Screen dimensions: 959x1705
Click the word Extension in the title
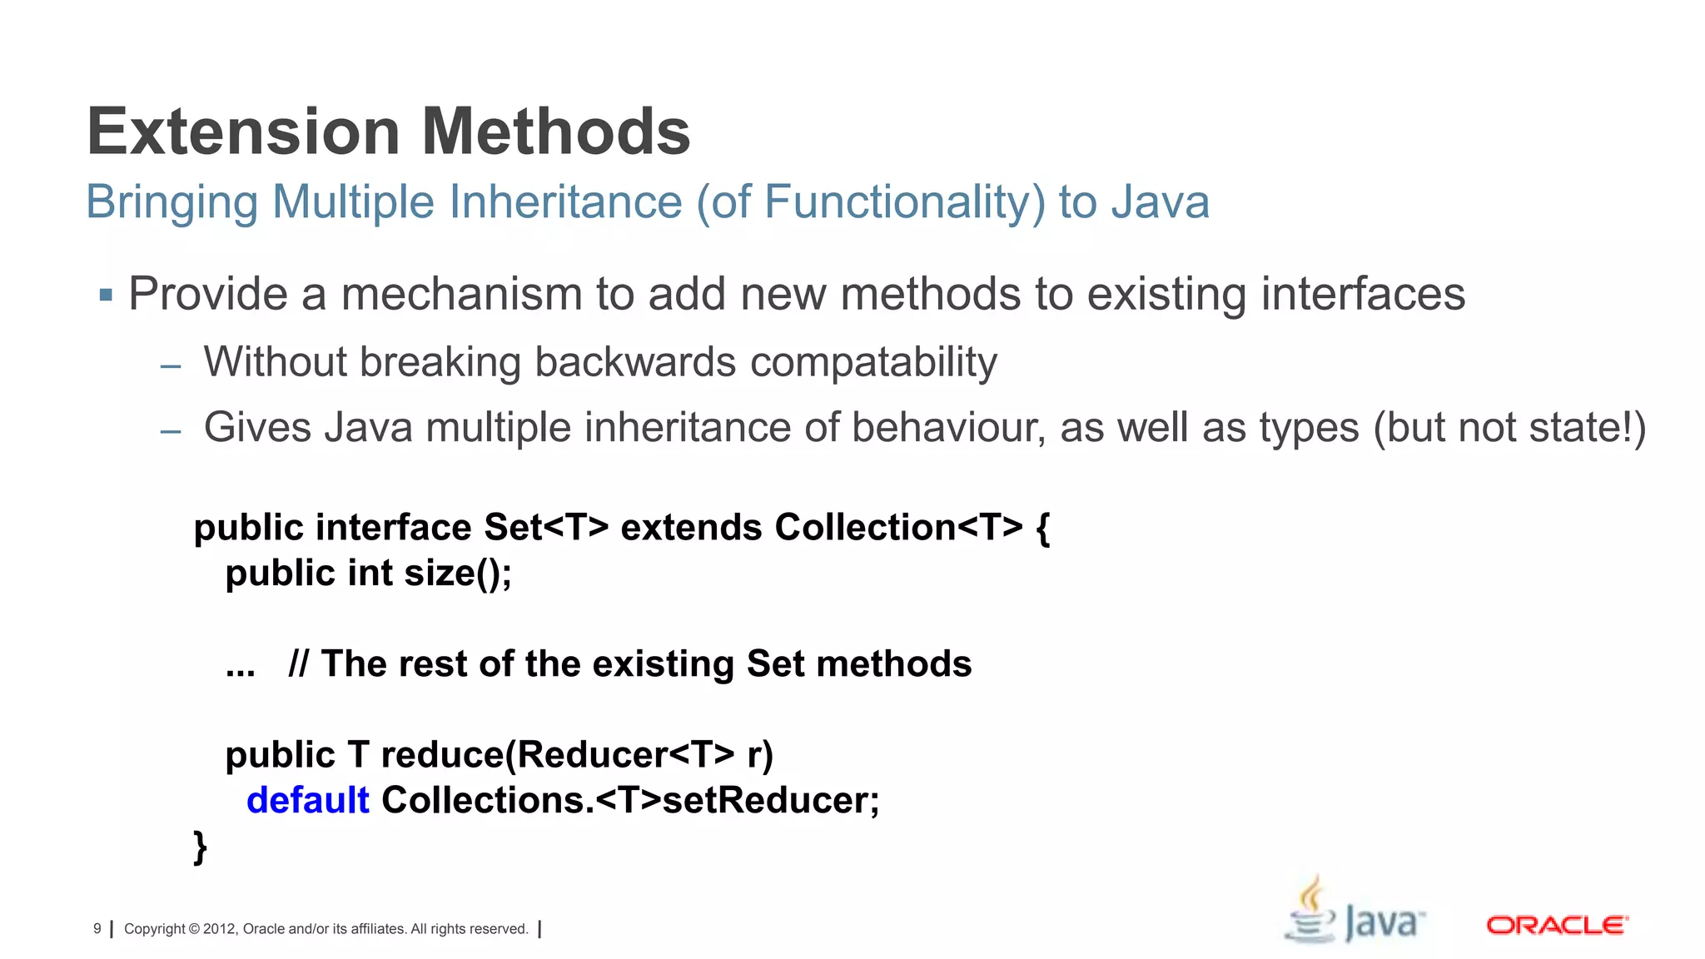(244, 132)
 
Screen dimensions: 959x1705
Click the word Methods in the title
(555, 132)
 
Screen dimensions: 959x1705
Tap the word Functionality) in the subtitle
(904, 202)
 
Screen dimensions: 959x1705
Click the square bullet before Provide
(106, 295)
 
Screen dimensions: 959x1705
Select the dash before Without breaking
(171, 365)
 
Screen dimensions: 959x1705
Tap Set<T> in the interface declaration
(546, 528)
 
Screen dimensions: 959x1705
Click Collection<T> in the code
(898, 528)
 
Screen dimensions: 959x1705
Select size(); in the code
(458, 574)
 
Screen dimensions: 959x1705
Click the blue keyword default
(308, 801)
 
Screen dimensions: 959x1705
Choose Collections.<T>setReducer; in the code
(630, 801)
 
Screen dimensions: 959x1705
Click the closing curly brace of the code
(200, 847)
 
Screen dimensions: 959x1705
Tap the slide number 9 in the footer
(97, 928)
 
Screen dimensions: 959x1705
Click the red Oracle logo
(1557, 926)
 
